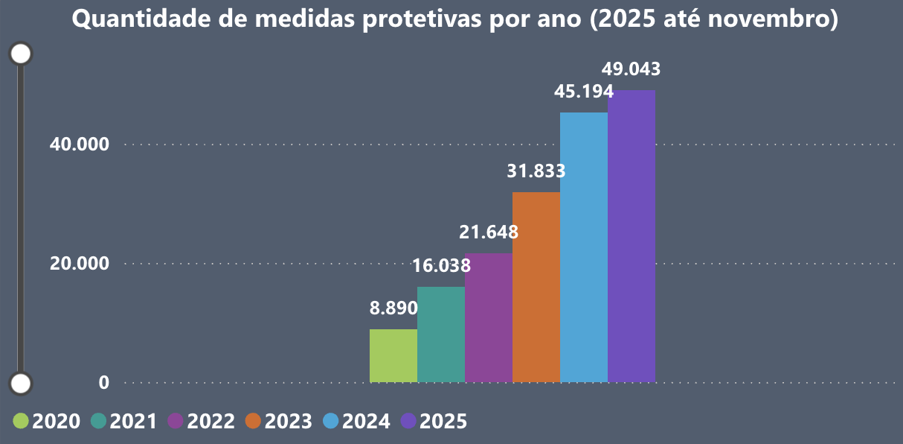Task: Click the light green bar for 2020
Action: point(393,356)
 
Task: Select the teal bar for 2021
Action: point(441,334)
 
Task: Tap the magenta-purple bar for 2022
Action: point(489,318)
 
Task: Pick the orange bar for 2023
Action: point(536,288)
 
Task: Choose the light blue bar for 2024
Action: point(584,247)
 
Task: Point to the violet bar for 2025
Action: point(632,236)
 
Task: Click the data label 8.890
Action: point(393,308)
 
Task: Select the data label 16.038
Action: point(441,266)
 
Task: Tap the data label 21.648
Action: point(489,232)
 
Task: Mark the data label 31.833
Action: point(536,171)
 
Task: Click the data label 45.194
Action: point(584,92)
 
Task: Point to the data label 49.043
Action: point(632,69)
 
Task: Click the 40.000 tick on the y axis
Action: point(80,145)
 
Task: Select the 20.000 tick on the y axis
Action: point(80,264)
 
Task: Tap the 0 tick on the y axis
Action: point(104,383)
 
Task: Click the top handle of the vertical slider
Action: point(22,54)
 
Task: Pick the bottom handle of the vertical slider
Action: point(22,384)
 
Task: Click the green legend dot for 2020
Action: point(22,421)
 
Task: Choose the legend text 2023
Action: point(288,422)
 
